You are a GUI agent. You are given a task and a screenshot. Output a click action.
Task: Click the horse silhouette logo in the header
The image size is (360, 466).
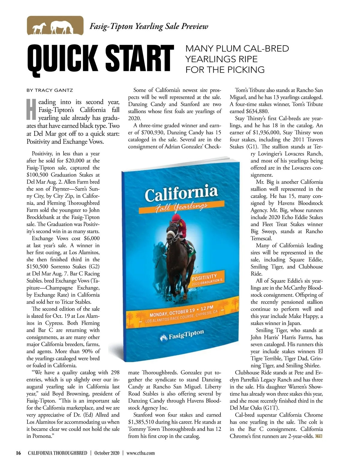(x=55, y=26)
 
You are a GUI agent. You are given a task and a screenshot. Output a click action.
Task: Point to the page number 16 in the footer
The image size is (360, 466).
(x=18, y=453)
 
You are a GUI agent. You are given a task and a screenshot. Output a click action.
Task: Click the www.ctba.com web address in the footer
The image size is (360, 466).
(x=141, y=453)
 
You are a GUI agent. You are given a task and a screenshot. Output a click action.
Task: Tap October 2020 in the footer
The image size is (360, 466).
(x=107, y=453)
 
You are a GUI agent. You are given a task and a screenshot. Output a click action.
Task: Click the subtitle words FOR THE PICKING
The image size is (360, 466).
(x=225, y=70)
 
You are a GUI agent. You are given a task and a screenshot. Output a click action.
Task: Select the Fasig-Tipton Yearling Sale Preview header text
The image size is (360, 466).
(x=149, y=26)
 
